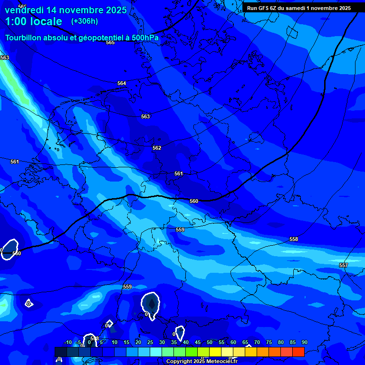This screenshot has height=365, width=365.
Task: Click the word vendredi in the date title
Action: coord(26,10)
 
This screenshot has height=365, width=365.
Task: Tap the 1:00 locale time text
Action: coord(33,21)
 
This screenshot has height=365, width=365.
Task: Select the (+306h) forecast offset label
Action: coord(85,21)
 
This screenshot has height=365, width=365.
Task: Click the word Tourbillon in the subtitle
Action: coord(24,38)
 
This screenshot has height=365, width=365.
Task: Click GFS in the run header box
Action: coord(263,8)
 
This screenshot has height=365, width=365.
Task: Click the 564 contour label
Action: coord(122,83)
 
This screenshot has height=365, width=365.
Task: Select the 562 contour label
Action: coord(157,148)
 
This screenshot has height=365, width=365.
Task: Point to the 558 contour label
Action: coord(294,239)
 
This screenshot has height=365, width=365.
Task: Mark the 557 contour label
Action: coord(344,265)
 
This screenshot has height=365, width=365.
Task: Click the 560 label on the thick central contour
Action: coord(194,201)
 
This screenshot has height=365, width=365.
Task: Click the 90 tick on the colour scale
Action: coord(304,342)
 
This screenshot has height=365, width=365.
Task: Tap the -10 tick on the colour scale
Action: coord(68,342)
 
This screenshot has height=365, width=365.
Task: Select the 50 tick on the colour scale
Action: coord(210,342)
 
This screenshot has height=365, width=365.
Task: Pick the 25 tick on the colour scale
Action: coord(150,342)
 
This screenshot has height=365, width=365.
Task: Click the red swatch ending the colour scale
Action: coord(298,352)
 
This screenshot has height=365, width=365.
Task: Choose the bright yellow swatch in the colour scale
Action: coord(215,352)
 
